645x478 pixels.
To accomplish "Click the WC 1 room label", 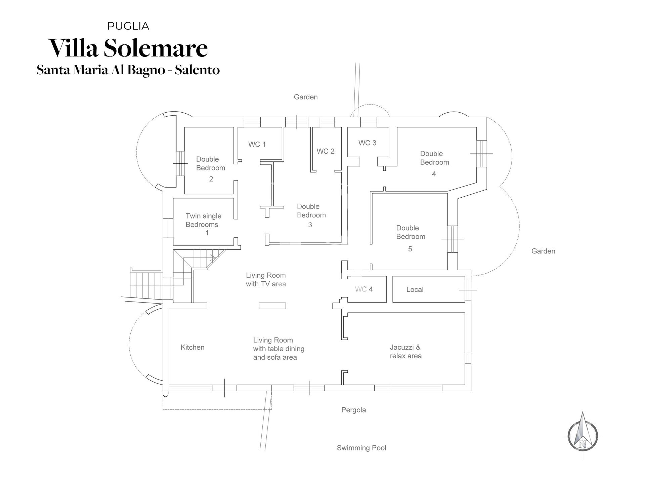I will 257,145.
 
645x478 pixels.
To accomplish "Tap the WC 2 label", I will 325,151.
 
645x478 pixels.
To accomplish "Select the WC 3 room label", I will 367,143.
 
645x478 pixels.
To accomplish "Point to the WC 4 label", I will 364,289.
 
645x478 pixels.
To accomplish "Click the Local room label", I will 415,289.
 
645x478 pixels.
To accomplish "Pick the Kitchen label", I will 192,347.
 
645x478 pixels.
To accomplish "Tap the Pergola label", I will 353,410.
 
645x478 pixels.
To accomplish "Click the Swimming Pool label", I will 361,448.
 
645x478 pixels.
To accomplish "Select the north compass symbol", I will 583,435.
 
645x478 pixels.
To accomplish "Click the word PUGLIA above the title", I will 128,26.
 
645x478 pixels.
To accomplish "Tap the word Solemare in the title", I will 156,48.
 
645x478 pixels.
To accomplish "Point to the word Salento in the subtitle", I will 197,70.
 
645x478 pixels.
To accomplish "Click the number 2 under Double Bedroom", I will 211,179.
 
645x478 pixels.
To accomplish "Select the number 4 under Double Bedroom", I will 434,174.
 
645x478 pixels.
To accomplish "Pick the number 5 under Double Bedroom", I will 410,249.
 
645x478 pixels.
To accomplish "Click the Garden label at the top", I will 305,97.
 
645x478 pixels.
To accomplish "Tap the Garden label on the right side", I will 543,251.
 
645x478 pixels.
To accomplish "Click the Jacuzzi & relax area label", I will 405,352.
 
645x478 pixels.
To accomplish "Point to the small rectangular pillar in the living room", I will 272,306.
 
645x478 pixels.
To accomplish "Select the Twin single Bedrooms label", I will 203,220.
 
